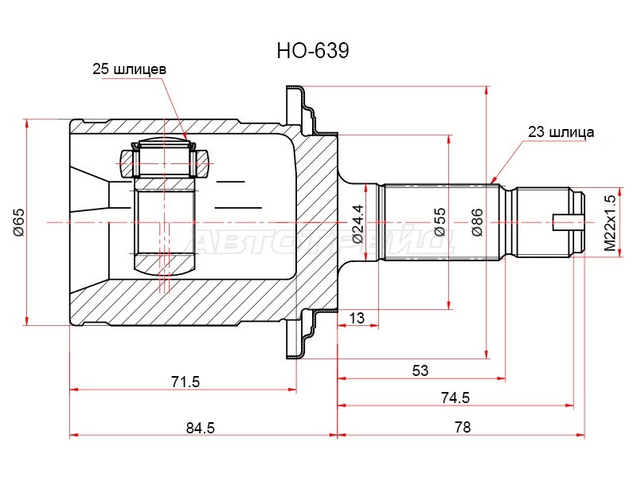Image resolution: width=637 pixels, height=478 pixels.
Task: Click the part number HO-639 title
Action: coord(313,51)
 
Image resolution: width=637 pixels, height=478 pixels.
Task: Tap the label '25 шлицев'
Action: coord(129,69)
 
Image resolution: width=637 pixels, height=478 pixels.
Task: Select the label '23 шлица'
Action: coord(561,132)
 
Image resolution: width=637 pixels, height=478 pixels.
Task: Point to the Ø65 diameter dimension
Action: coord(19,222)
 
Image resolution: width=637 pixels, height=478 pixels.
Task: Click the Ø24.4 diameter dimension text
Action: coord(358,224)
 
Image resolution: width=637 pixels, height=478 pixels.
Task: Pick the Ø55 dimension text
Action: coord(440,222)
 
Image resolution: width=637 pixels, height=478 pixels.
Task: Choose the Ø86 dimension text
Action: coord(477,222)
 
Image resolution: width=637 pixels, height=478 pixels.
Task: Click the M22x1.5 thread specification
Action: coord(610,223)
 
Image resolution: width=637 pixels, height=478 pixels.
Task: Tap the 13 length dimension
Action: coord(357,318)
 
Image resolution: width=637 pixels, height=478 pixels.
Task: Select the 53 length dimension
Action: coord(420,370)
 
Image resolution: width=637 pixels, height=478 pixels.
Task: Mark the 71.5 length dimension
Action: coord(186,382)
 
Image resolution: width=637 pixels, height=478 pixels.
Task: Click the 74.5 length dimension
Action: coord(455,398)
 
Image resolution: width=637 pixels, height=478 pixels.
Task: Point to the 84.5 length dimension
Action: coord(201,428)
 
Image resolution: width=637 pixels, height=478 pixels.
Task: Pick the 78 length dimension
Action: coord(463,427)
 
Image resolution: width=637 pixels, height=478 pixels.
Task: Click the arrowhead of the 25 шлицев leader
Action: coord(186,138)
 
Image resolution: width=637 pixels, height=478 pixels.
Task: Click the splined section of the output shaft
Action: coord(441,222)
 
